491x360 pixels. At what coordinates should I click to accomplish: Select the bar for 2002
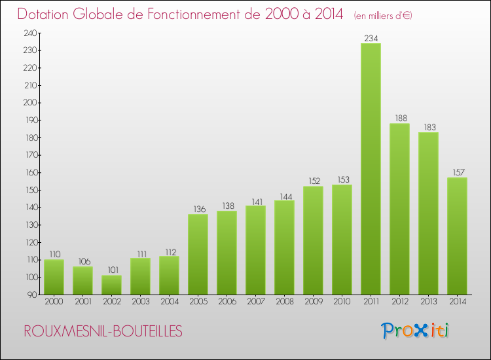coord(111,285)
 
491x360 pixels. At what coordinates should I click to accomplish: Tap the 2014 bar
coord(457,236)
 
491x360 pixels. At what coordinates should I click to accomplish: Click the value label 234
coord(371,39)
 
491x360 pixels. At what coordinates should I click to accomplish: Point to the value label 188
coord(399,118)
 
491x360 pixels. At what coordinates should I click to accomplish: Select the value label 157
coord(457,173)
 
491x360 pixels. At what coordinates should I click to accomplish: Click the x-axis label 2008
coord(284,302)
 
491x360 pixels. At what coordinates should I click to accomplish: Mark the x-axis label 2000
coord(54,302)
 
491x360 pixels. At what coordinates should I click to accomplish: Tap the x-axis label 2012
coord(399,302)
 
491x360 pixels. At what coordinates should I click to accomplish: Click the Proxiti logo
coord(415,331)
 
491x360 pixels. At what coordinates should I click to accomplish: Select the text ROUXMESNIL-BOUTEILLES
coord(103,332)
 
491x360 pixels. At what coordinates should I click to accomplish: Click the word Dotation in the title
coord(46,14)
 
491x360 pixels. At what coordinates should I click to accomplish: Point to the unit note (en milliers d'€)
coord(383,15)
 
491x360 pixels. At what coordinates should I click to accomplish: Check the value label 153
coord(342,180)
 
